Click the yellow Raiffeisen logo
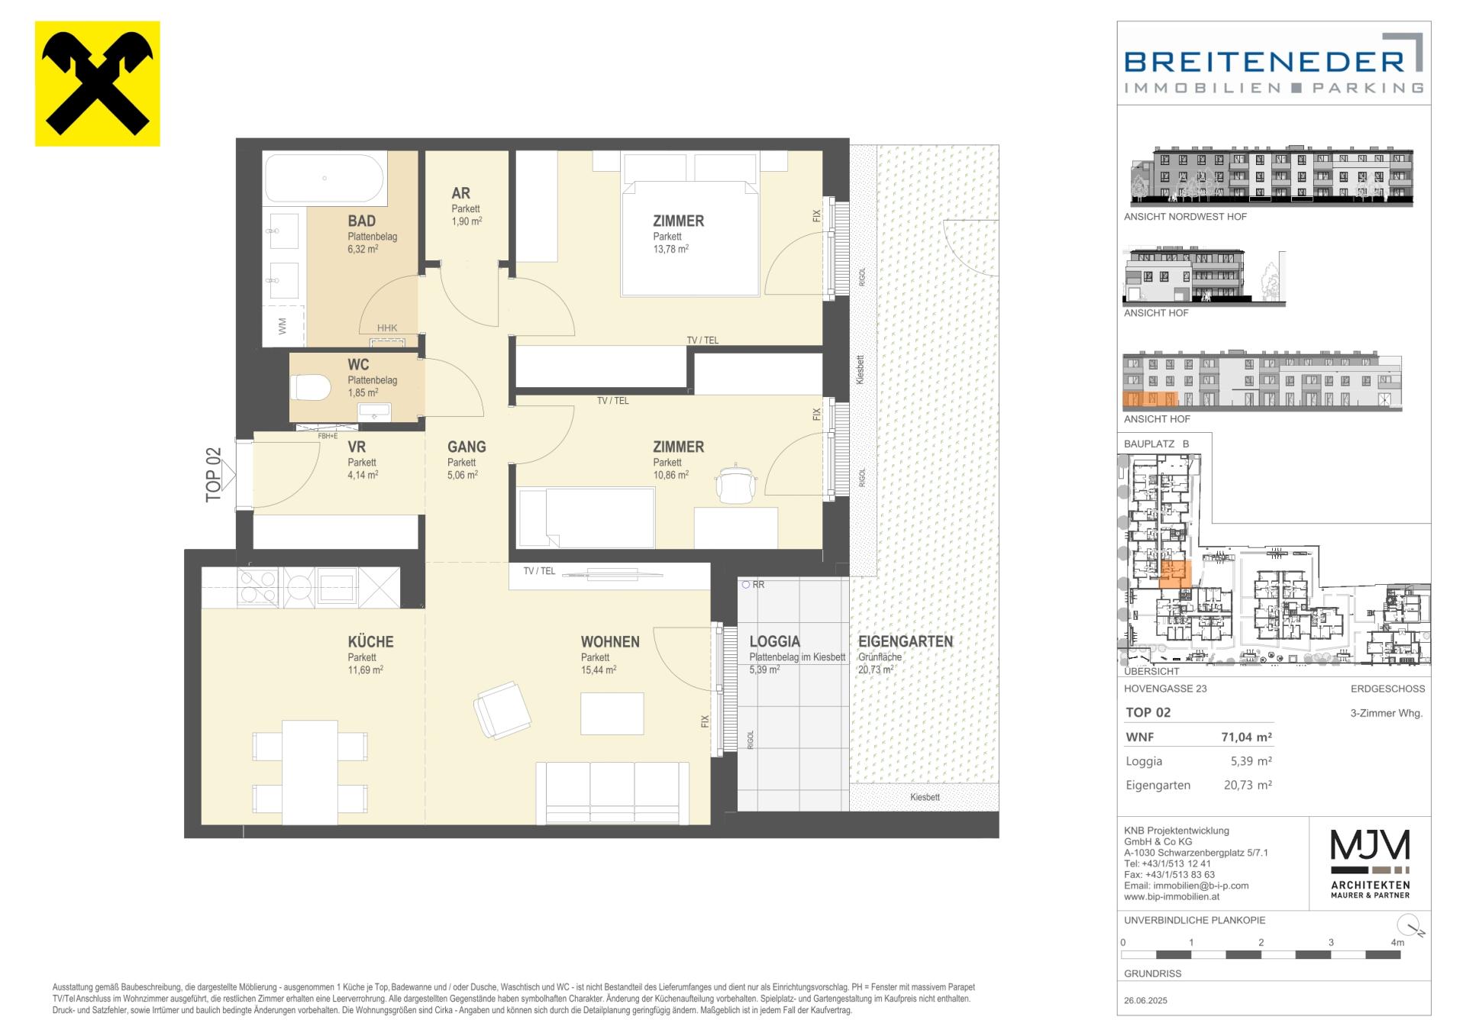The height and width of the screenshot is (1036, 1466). tap(98, 83)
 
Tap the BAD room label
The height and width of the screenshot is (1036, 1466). tap(362, 221)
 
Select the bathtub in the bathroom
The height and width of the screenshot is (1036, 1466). tap(325, 178)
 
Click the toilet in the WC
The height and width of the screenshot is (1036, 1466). tap(311, 388)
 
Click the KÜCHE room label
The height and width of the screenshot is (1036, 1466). tap(371, 642)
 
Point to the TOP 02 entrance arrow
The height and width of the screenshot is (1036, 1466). tap(228, 474)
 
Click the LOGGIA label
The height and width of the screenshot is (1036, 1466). tap(775, 642)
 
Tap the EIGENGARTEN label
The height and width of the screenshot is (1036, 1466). tap(906, 642)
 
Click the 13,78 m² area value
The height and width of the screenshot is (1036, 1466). tap(671, 249)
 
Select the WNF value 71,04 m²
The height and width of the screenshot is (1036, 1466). tap(1247, 737)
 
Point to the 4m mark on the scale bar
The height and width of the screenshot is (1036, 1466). tap(1397, 943)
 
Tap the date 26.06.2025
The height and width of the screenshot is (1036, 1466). tap(1146, 1000)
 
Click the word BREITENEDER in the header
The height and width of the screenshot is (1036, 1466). tap(1264, 62)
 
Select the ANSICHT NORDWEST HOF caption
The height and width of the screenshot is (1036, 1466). tap(1185, 217)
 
